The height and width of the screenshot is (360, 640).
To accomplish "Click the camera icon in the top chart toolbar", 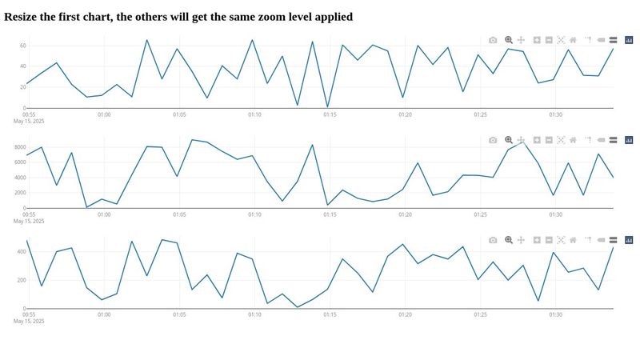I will (x=493, y=39).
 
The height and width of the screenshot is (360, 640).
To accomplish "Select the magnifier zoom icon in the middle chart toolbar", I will (x=508, y=140).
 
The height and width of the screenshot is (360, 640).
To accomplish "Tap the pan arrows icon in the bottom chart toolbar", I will (x=521, y=240).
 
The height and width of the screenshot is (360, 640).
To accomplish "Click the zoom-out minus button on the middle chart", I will (x=549, y=140).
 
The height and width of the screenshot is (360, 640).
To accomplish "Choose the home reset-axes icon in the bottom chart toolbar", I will (x=573, y=240).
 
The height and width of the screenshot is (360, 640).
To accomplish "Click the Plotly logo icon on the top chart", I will (x=628, y=39).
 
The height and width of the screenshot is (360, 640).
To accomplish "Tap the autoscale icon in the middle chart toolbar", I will (x=561, y=140).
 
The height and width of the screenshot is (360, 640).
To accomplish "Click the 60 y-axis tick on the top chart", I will (x=22, y=46).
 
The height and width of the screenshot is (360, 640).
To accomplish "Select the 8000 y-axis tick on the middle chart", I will (x=18, y=147).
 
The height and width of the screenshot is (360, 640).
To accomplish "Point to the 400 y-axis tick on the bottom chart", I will (x=20, y=251).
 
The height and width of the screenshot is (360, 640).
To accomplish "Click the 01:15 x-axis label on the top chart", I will (x=330, y=114).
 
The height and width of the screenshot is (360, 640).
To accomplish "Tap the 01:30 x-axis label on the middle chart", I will (x=555, y=214).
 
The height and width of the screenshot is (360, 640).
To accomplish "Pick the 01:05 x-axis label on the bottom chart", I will (x=179, y=314).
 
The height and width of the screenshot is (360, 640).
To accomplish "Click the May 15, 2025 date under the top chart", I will (x=29, y=122).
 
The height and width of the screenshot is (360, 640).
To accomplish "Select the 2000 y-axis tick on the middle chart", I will (x=18, y=193).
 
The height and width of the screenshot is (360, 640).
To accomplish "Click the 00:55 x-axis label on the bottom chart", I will (x=29, y=314).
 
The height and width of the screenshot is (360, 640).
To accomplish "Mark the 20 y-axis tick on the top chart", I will (x=22, y=87).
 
